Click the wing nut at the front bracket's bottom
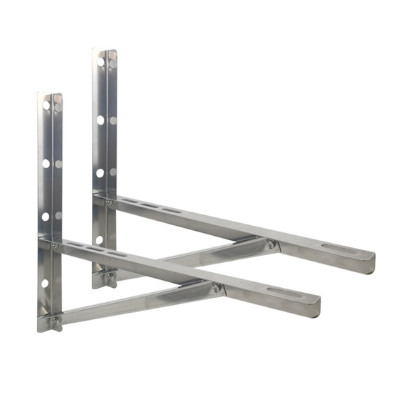pyautogui.click(x=53, y=321)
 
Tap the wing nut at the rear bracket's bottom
pyautogui.click(x=108, y=275)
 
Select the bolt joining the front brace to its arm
pyautogui.click(x=217, y=289)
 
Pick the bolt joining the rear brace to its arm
pyautogui.click(x=271, y=245)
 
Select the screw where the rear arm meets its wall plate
pyautogui.click(x=108, y=202)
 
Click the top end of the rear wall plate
pyautogui.click(x=105, y=51)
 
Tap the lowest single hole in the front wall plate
pyautogui.click(x=45, y=284)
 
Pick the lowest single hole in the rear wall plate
pyautogui.click(x=100, y=240)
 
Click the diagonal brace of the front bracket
pyautogui.click(x=135, y=304)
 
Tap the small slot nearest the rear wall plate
pyautogui.click(x=130, y=204)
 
